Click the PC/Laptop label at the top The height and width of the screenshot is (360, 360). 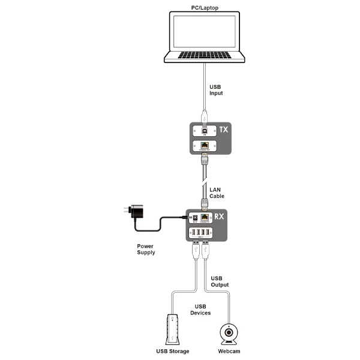tap(205, 7)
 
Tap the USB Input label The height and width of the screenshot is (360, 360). tap(217, 90)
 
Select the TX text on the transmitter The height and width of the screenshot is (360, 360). tap(223, 130)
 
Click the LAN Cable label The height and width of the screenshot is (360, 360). tap(217, 193)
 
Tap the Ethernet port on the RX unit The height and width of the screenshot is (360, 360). tap(206, 219)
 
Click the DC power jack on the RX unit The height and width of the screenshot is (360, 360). tap(195, 219)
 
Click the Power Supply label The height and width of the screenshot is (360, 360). tap(146, 249)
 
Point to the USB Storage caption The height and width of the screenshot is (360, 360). tap(173, 351)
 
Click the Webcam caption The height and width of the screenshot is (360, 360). tap(229, 351)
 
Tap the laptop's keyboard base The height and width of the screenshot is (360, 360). tap(205, 58)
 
